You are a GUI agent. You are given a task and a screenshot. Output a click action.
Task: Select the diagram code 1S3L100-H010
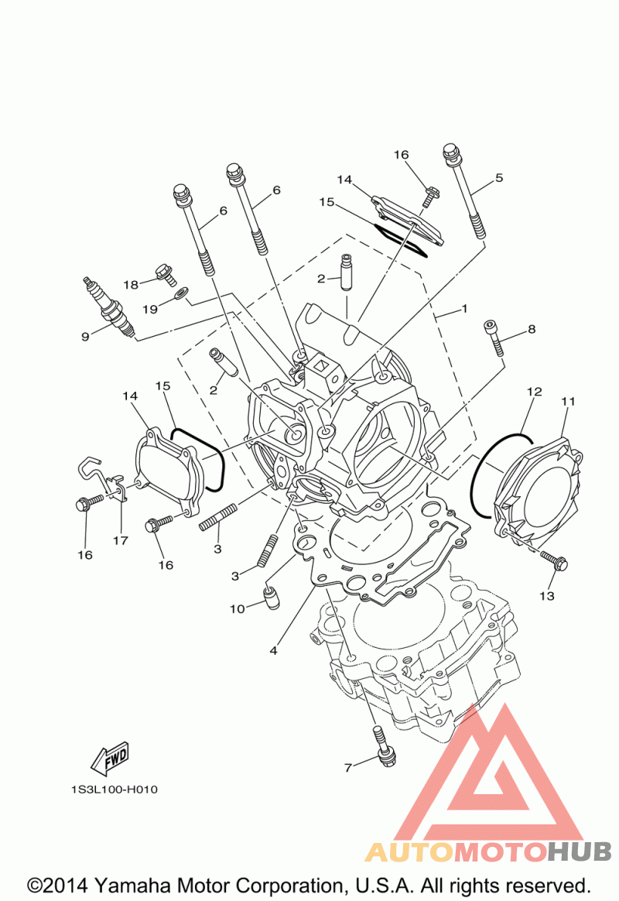115,790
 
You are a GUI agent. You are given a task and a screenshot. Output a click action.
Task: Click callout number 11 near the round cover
568,401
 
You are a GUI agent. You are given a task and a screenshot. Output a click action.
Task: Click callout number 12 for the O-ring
534,392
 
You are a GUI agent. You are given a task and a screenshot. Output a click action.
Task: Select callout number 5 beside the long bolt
499,177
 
